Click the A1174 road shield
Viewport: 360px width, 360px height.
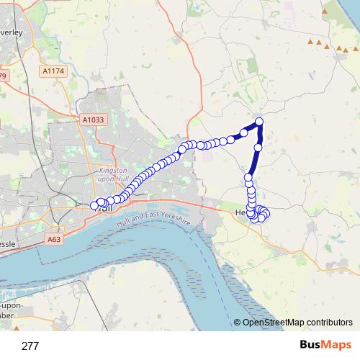click(x=53, y=71)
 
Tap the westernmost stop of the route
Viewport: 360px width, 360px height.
click(x=94, y=206)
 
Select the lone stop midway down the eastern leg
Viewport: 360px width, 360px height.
click(x=258, y=148)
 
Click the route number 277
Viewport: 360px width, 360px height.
click(x=30, y=346)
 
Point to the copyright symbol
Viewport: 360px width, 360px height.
click(x=238, y=322)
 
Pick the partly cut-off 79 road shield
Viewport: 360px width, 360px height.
click(x=3, y=76)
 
